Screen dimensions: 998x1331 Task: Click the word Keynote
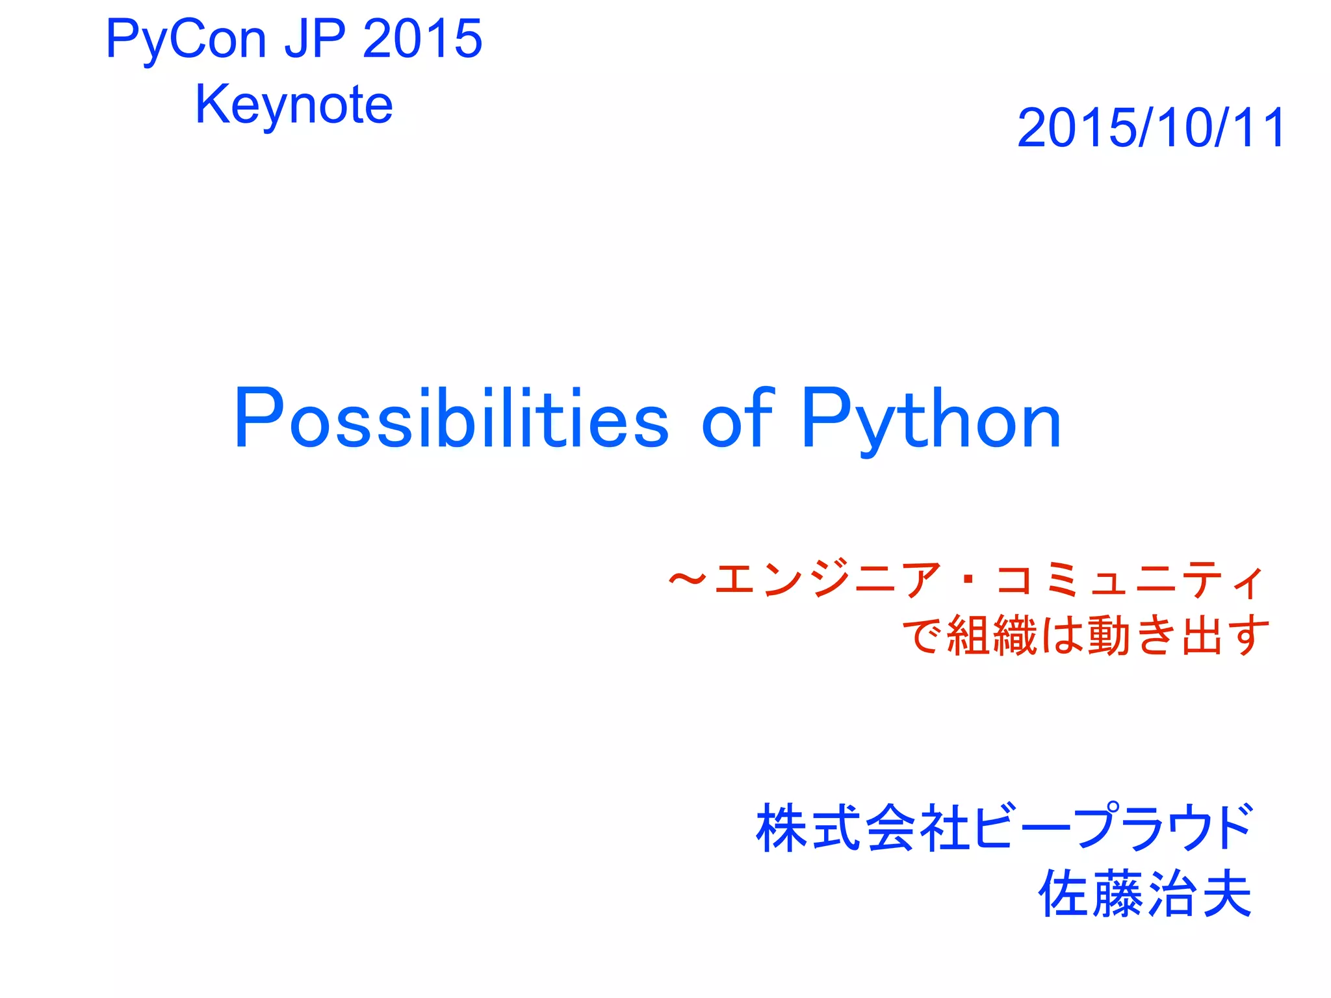[294, 105]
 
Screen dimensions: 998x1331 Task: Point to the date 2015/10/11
[1151, 128]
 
